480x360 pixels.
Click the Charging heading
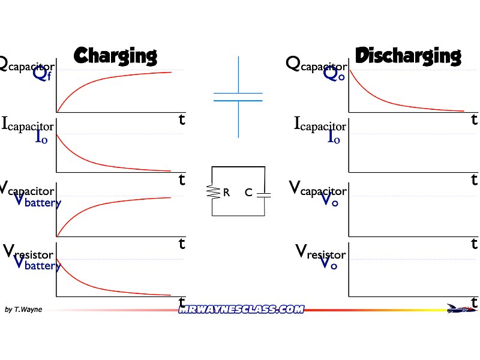115,55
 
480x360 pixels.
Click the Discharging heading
408,55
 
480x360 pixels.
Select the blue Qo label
334,74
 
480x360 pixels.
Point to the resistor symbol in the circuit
212,192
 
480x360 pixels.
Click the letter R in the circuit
226,193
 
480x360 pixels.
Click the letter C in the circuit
248,193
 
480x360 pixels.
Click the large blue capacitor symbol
238,97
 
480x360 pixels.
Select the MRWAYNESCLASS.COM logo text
241,309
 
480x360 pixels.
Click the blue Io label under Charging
41,137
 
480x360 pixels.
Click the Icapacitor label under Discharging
320,125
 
